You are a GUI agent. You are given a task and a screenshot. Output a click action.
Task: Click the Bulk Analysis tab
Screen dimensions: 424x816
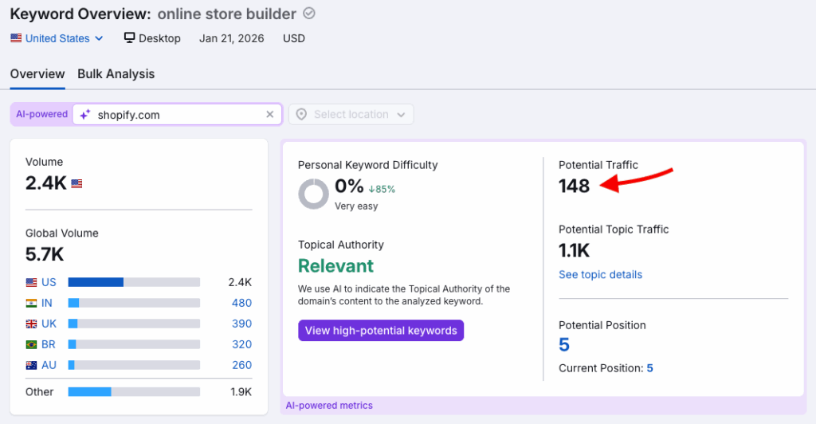tap(116, 74)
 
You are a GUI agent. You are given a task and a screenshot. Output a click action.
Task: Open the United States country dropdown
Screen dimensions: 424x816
tap(57, 38)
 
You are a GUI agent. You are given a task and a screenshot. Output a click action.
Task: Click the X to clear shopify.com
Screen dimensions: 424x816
tap(269, 115)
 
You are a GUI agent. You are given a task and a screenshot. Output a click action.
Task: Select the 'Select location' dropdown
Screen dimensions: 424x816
tap(351, 115)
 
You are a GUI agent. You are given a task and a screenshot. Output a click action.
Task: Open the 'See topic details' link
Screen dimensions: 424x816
tap(600, 275)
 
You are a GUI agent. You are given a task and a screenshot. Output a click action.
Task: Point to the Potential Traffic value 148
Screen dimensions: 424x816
tap(574, 186)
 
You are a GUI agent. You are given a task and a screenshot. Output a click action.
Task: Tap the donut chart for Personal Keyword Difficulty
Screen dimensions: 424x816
tap(312, 194)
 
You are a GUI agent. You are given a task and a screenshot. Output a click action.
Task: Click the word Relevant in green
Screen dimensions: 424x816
tap(335, 266)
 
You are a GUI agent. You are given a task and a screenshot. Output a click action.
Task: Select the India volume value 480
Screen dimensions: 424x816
tap(241, 303)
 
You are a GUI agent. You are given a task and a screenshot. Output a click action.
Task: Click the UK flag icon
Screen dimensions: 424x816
tap(32, 324)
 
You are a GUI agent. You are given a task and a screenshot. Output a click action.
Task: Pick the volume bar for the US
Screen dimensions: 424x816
tap(134, 282)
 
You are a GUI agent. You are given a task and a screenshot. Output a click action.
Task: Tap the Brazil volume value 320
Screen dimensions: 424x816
tap(241, 345)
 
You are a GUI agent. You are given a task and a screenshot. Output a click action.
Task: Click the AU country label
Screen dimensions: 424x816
tap(49, 366)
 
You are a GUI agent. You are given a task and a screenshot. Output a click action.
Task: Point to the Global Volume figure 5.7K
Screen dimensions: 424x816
tap(45, 255)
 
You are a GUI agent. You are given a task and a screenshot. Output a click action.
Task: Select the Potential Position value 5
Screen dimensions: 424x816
tap(564, 345)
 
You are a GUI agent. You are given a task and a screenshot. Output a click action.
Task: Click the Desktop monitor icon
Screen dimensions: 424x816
tap(130, 38)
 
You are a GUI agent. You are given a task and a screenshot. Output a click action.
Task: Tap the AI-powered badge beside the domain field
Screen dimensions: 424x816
tap(41, 115)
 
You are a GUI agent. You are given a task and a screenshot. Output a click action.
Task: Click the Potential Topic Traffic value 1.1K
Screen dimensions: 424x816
tap(574, 251)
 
